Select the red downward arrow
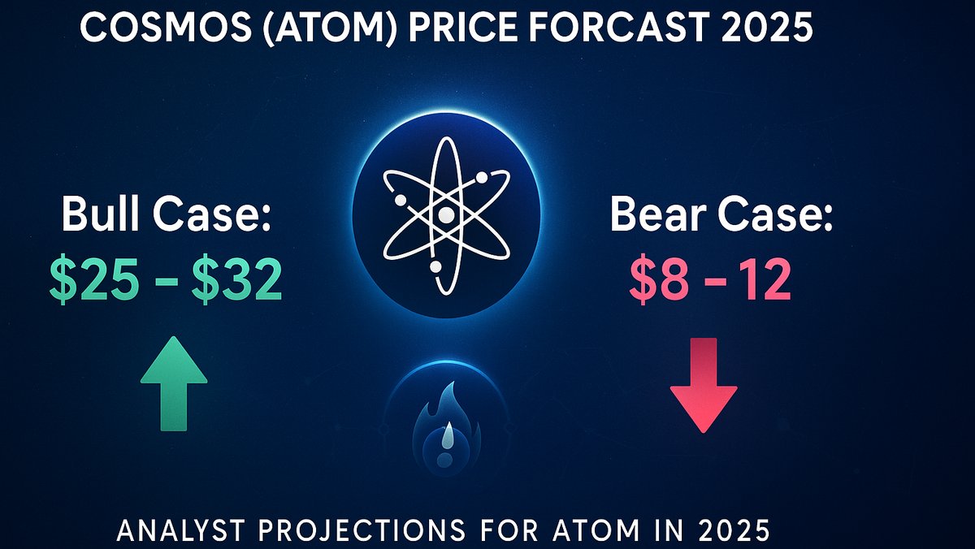click(x=703, y=386)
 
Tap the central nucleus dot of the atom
click(x=445, y=215)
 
